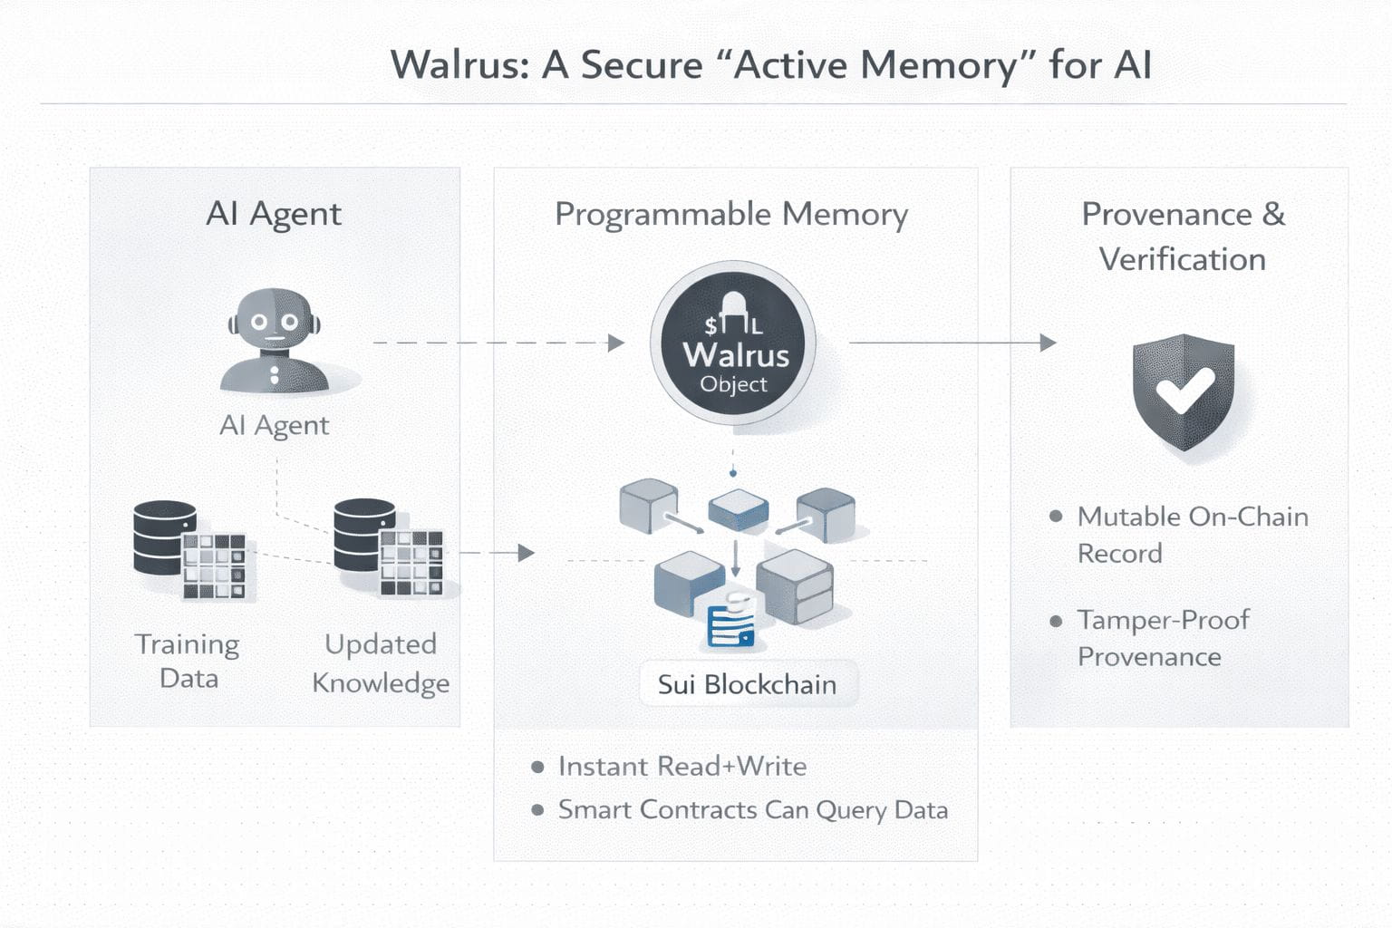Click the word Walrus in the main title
[x=459, y=65]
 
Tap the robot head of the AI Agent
[x=274, y=321]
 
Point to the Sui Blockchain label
[x=747, y=684]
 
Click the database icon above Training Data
[x=166, y=538]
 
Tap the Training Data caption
[x=188, y=661]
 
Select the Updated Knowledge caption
[x=381, y=662]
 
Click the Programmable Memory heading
[x=731, y=215]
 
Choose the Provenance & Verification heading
[x=1183, y=237]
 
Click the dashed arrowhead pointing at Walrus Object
[x=616, y=343]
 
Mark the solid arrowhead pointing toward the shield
[x=1048, y=343]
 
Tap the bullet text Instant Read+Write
[x=682, y=767]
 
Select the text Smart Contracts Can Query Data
[x=753, y=810]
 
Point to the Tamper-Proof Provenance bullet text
[x=1163, y=638]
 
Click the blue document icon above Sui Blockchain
[x=730, y=624]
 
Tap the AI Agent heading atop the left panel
[x=274, y=215]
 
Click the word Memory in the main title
[x=938, y=65]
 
